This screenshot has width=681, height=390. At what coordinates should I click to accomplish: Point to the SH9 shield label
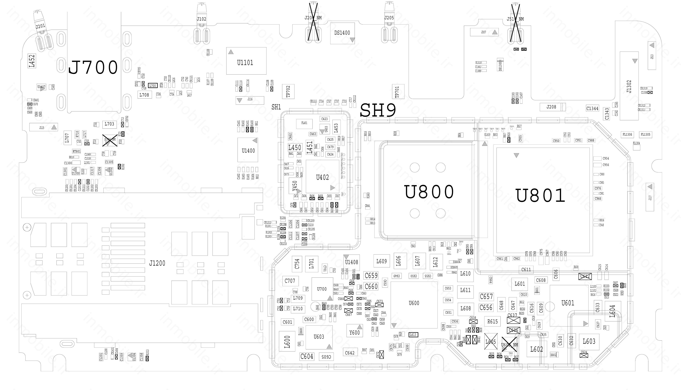(x=378, y=110)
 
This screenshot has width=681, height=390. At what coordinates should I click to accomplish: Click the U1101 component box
(x=246, y=61)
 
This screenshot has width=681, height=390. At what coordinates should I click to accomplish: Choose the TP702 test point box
(x=288, y=91)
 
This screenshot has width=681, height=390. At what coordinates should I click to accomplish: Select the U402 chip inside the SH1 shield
(x=322, y=177)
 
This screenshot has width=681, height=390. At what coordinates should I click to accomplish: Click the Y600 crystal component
(x=354, y=332)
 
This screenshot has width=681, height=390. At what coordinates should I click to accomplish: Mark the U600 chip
(x=414, y=303)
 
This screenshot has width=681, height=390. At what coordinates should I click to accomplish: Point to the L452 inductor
(x=32, y=61)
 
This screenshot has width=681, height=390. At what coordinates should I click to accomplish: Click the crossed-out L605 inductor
(x=491, y=342)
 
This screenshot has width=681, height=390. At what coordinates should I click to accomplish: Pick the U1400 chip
(x=248, y=150)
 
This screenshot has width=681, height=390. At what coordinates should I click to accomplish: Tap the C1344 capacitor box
(x=592, y=109)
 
